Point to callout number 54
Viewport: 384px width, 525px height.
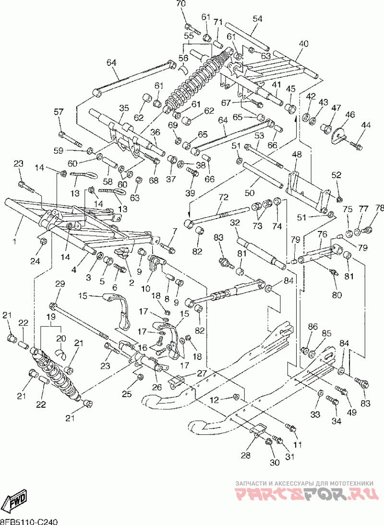(257, 19)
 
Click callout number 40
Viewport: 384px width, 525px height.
(304, 44)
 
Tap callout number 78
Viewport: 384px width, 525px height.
(379, 208)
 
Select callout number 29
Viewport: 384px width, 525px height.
(60, 284)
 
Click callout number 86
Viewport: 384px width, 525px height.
(313, 327)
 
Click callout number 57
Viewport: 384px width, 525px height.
(59, 112)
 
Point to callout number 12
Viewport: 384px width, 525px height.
(214, 399)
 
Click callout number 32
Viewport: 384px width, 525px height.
(235, 222)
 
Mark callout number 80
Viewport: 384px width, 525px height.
(337, 295)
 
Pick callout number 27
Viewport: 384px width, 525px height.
(202, 373)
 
